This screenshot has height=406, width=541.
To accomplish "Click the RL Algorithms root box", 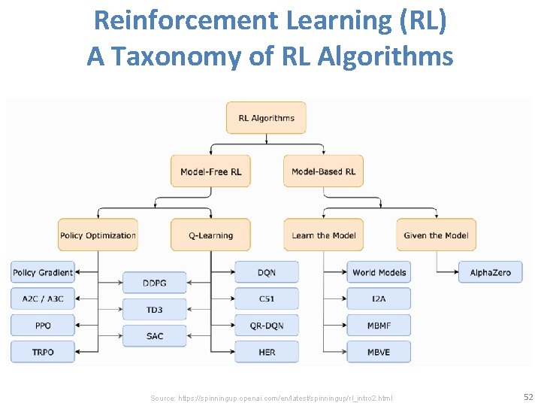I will (266, 118).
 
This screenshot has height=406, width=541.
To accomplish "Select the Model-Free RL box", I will (210, 171).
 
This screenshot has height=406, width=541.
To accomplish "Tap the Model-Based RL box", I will (323, 171).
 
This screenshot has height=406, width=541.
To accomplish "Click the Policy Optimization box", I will (98, 235).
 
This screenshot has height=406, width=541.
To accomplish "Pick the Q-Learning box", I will (210, 235).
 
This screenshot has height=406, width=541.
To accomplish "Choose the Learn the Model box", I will (323, 235).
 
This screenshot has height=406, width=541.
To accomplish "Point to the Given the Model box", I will (436, 235).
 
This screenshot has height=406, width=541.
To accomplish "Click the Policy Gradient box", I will (43, 272).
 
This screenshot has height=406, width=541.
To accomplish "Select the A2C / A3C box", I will (43, 298).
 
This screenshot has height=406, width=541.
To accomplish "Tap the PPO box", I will (43, 325).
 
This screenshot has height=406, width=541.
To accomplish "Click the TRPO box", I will (43, 351).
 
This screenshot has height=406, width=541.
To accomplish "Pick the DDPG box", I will (154, 283).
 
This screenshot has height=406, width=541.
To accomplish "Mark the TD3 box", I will (154, 309).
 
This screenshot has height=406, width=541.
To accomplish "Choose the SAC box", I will (154, 335).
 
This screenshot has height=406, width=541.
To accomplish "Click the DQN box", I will (267, 272).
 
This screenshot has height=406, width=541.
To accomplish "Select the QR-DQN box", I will (267, 325).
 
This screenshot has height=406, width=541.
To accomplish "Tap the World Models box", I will (379, 272).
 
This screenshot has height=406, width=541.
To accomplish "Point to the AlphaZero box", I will (490, 272).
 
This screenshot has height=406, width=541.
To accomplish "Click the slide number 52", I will (527, 396).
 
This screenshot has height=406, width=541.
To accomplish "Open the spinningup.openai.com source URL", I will (271, 398).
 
